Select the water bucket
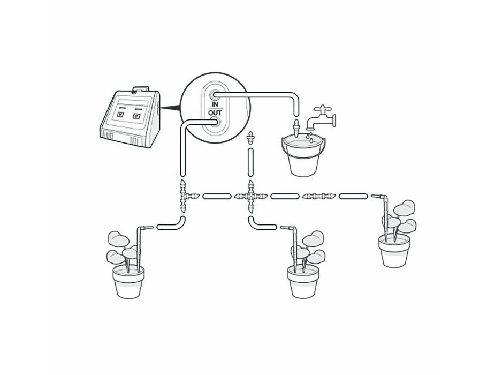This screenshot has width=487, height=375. pos(303,155)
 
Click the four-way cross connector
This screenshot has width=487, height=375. pos(250,196)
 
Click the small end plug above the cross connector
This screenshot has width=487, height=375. pos(250,138)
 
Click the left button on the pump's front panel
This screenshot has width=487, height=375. pos(120,114)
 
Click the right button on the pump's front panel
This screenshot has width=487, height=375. pos(138,114)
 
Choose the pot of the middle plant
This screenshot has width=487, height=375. pos(304,282)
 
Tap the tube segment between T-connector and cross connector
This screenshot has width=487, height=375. pos(217,196)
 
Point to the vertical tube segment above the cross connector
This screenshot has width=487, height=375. pos(250,163)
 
